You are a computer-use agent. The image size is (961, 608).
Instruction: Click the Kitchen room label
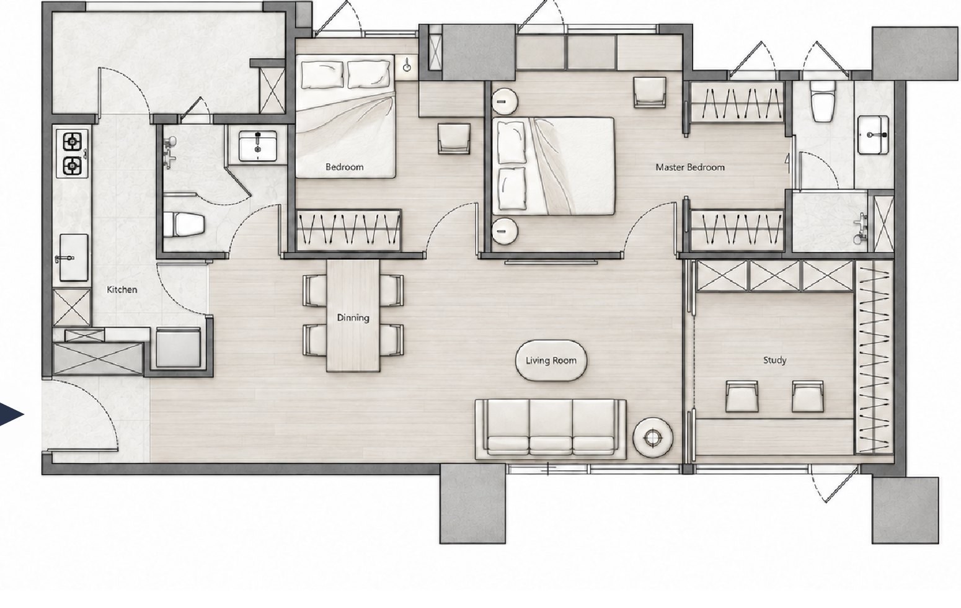122,290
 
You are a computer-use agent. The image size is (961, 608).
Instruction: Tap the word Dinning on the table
353,318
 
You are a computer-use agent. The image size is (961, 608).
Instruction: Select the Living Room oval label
551,360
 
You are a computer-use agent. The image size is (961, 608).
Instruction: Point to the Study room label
774,360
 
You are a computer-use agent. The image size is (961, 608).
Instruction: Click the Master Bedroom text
690,167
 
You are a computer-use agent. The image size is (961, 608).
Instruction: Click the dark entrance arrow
11,415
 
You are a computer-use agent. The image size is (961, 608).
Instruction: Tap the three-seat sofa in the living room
551,429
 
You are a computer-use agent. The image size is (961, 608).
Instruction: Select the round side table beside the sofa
652,437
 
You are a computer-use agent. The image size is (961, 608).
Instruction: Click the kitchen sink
73,257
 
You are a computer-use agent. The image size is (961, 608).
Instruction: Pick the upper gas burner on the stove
73,141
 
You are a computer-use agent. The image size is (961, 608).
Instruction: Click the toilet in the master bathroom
822,102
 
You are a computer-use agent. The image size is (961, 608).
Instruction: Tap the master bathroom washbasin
873,135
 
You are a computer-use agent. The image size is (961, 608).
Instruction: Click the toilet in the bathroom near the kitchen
184,224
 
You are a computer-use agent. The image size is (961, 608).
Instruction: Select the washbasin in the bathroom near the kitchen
257,146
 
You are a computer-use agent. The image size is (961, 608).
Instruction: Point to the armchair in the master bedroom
650,92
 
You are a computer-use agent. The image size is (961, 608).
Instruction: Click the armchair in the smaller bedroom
454,139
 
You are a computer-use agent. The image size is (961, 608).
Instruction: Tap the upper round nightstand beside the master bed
504,101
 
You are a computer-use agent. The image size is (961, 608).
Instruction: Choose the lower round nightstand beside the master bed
504,231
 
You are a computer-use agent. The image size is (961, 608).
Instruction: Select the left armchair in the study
742,396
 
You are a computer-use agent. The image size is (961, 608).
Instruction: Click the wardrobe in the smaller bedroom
348,230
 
